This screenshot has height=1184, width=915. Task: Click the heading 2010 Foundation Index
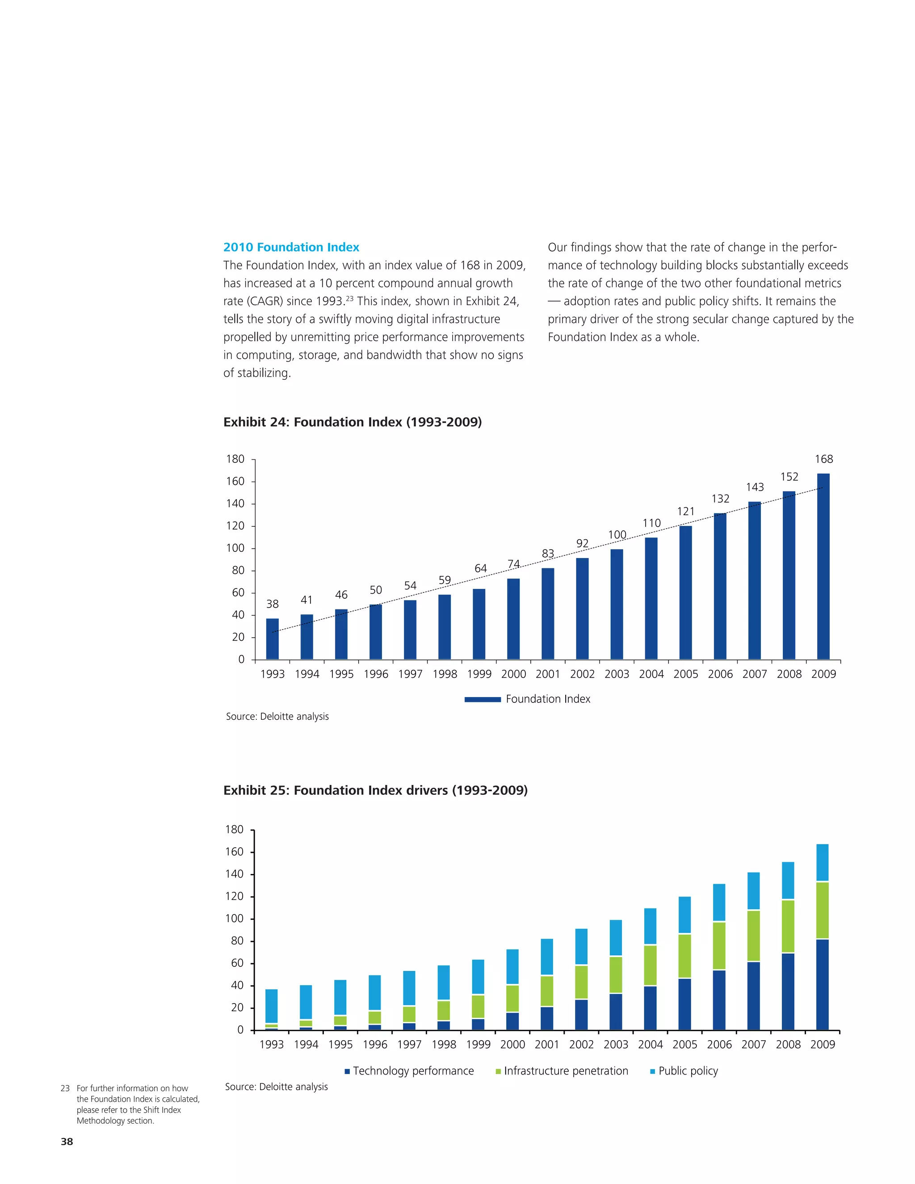coord(291,247)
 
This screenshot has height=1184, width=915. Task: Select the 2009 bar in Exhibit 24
coord(823,567)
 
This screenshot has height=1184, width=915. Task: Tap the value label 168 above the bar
coord(823,459)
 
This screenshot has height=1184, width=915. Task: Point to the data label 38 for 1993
coord(272,604)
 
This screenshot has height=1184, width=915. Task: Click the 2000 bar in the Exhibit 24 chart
coord(513,619)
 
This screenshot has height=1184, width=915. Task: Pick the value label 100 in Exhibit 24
coord(617,535)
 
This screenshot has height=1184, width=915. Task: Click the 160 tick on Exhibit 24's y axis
coord(235,481)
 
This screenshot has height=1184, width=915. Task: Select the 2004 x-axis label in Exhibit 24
coord(651,674)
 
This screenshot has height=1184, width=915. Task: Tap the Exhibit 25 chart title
coord(375,790)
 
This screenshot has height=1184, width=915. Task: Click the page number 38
coord(67,1142)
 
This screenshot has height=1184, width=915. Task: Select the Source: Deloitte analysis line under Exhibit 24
coord(277,716)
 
